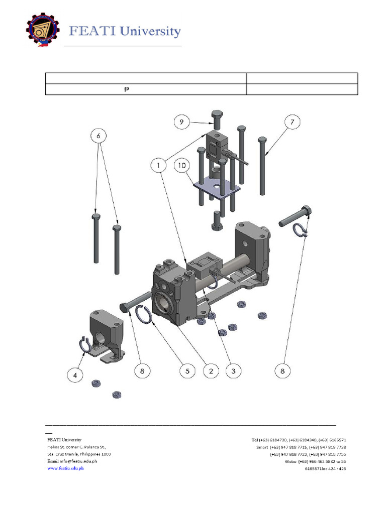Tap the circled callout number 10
[x=182, y=165]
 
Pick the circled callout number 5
[x=188, y=371]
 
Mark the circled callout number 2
[x=211, y=371]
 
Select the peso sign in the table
[x=126, y=89]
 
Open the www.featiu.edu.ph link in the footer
[x=65, y=468]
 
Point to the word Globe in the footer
[x=291, y=461]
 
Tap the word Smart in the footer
[x=262, y=447]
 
